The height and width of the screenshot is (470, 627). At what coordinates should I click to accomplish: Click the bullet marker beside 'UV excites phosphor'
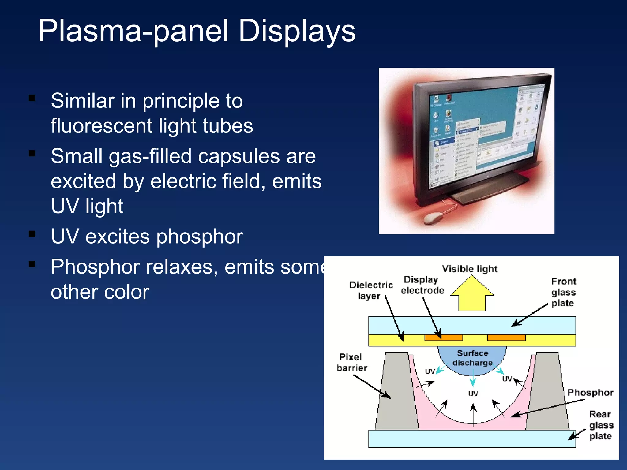click(32, 234)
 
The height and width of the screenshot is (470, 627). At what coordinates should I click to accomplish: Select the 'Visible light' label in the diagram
click(469, 269)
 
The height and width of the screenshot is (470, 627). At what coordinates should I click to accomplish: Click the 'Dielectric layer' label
click(371, 290)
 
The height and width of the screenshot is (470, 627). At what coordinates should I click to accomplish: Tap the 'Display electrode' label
click(422, 285)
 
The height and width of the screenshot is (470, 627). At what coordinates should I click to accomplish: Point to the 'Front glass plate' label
click(563, 292)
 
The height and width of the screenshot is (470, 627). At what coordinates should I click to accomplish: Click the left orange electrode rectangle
click(443, 338)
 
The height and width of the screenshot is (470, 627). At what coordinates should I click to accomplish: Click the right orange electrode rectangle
click(506, 338)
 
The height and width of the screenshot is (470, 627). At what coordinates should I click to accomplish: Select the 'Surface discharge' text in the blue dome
click(472, 358)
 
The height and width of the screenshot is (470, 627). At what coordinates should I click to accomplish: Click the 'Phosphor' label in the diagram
click(590, 393)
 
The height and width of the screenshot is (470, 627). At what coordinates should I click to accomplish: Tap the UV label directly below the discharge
click(473, 394)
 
